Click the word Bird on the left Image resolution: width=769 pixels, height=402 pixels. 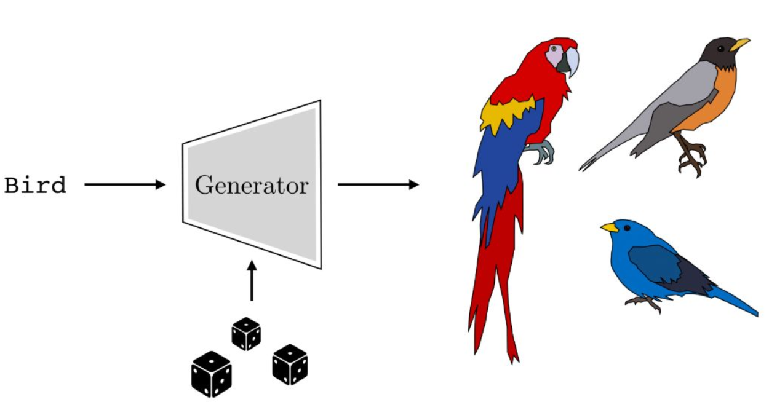(x=35, y=185)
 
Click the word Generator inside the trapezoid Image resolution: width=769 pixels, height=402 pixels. (x=251, y=184)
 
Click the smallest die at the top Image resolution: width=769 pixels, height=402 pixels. (x=246, y=334)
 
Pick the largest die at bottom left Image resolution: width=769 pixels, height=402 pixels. (x=212, y=374)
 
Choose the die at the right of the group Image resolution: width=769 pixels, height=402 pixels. (x=290, y=364)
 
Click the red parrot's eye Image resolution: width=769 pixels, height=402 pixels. (x=554, y=49)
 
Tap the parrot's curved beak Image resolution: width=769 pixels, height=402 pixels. (x=572, y=62)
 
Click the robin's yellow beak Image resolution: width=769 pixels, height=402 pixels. (x=739, y=44)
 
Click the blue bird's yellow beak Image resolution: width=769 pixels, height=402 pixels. (x=609, y=227)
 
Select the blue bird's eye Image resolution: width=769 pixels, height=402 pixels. (x=627, y=228)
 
